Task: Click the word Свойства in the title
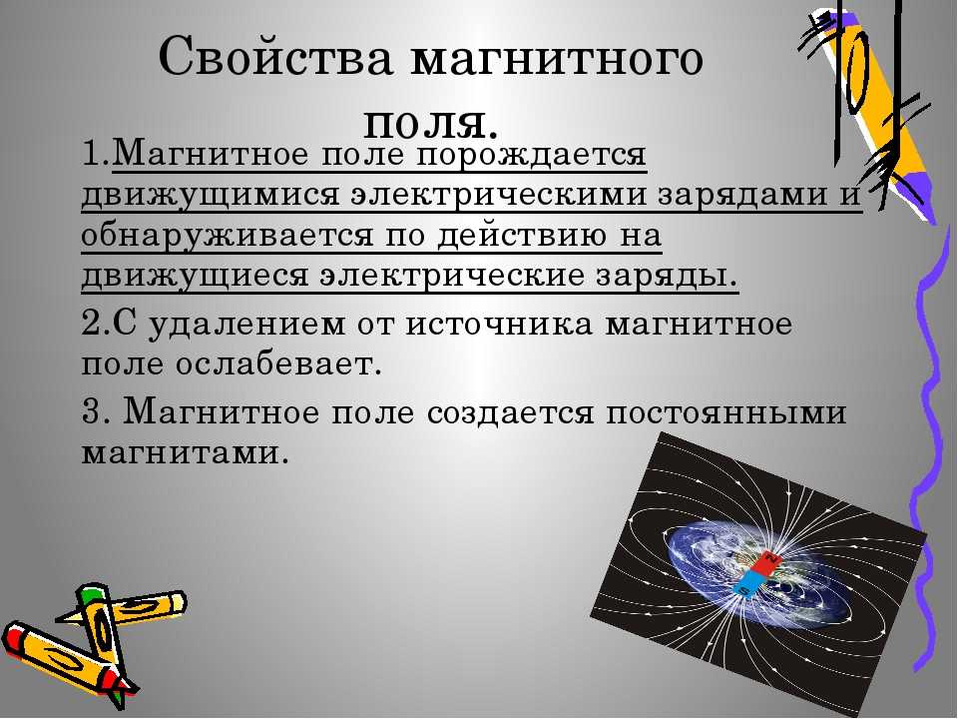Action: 275,57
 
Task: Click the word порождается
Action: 532,155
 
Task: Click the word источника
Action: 499,324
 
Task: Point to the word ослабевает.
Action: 278,365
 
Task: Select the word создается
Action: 510,412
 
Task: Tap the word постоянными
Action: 726,412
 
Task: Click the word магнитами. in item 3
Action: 186,453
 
